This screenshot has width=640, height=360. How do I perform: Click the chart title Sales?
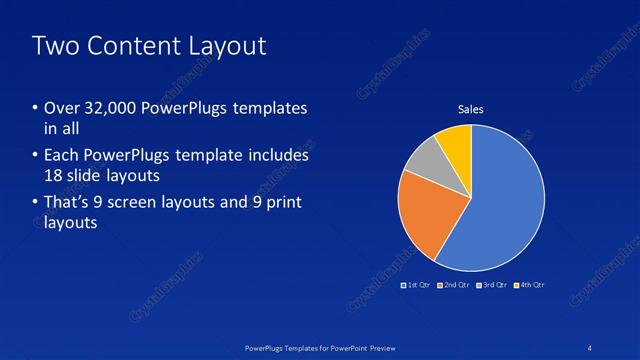(x=471, y=109)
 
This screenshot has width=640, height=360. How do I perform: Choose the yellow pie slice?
(x=455, y=143)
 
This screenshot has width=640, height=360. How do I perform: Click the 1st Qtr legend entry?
(x=417, y=286)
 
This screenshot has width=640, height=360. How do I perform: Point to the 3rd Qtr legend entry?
(x=491, y=286)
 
